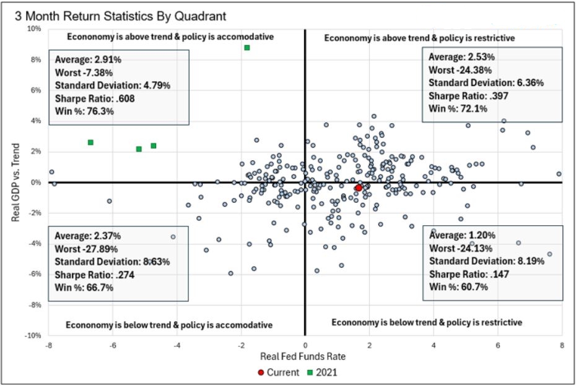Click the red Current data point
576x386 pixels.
358,187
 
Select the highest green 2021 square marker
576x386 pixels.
247,48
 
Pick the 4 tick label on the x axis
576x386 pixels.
434,345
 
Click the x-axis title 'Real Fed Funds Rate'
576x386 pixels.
305,357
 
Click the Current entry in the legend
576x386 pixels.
280,372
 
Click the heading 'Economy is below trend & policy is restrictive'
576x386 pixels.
427,322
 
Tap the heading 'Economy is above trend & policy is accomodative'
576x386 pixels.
170,36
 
